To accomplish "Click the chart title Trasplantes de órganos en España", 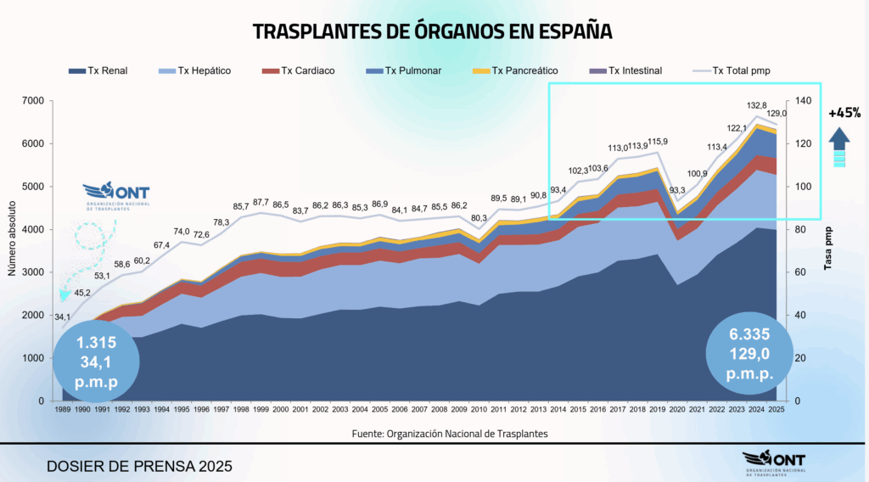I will click(433, 32).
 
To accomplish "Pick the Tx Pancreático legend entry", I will click(514, 71).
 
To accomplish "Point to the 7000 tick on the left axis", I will click(31, 101).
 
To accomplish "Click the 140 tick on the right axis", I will click(802, 101).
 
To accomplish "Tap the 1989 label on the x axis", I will click(63, 410).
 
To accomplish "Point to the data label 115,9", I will click(658, 142).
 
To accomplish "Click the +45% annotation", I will click(844, 112).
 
